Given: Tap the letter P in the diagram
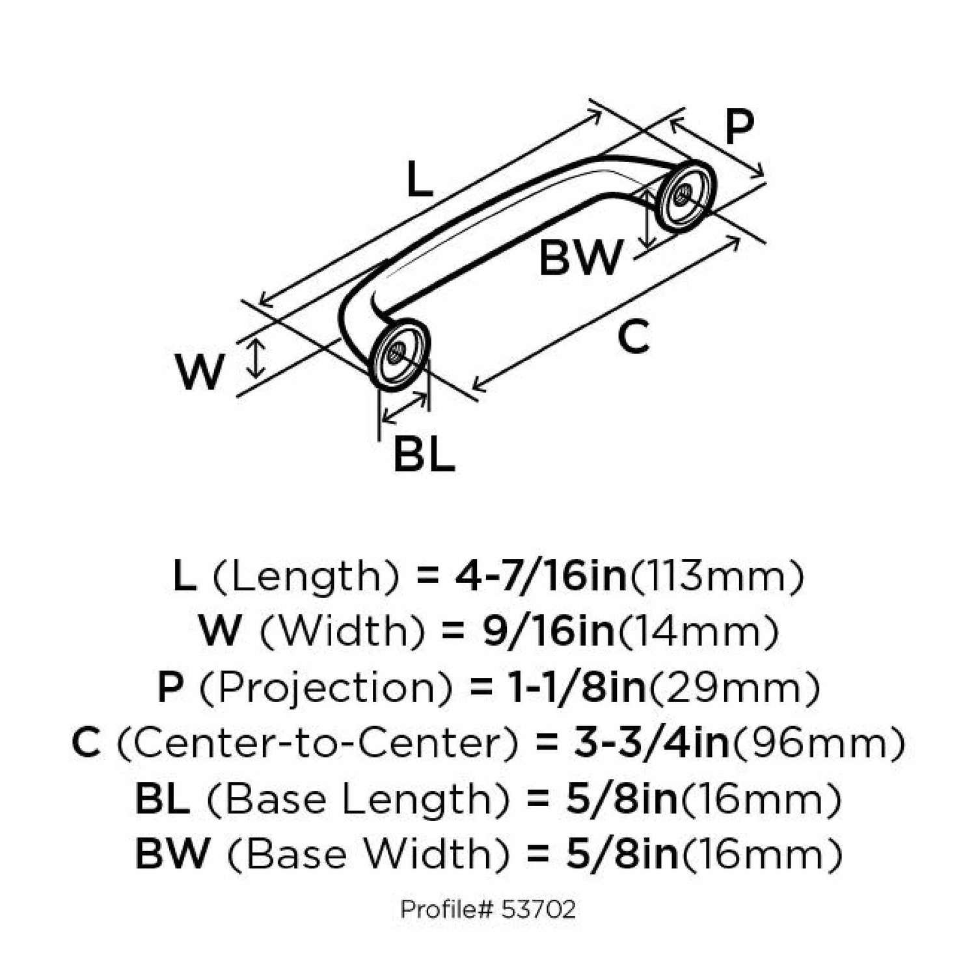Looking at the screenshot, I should click(739, 127).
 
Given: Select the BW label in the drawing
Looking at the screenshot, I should click(580, 258).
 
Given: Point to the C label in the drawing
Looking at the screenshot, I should click(633, 337).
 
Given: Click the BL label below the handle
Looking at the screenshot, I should click(424, 455).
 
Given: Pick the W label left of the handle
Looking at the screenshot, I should click(200, 372).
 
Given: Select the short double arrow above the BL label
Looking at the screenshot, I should click(405, 408).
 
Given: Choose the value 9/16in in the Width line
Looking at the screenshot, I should click(549, 631).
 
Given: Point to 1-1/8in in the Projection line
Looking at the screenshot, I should click(577, 687).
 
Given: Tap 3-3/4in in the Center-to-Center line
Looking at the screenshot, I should click(651, 743).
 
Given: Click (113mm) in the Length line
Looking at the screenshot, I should click(718, 576).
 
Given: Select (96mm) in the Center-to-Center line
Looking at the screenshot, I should click(818, 743).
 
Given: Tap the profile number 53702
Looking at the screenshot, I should click(539, 909).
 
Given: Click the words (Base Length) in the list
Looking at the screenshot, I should click(359, 799).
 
